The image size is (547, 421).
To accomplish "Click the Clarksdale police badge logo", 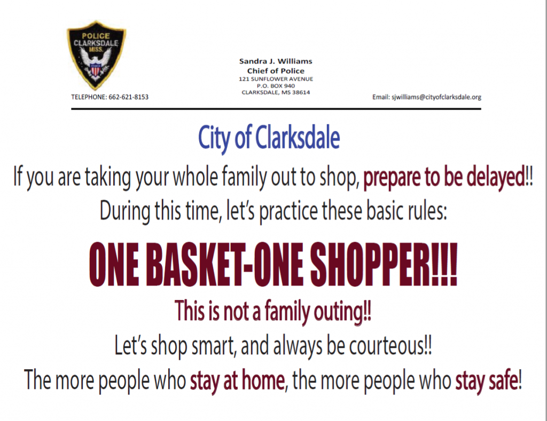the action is (96, 55).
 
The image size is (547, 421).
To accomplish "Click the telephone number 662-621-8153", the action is (128, 97).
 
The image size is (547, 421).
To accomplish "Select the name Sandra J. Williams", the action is (276, 61).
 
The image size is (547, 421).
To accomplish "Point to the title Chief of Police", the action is (276, 71).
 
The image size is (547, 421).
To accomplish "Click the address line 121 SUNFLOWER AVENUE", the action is (276, 79).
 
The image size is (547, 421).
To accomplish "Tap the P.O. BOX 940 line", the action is (276, 86).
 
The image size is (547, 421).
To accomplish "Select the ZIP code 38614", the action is (301, 92).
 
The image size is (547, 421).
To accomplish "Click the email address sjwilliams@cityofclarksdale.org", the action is (436, 97).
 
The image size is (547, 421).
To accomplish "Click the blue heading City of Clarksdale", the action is (269, 138).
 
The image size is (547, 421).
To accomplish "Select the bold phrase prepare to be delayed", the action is (444, 177).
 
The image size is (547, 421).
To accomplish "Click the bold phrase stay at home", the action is (237, 380).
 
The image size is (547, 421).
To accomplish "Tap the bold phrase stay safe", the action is (486, 380).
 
